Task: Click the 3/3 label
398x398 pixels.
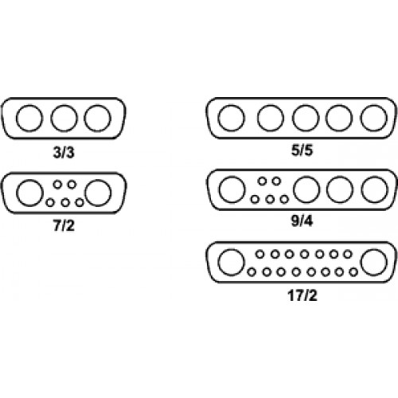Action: point(64,153)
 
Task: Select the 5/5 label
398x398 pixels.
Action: point(302,150)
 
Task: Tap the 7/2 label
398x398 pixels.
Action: point(64,226)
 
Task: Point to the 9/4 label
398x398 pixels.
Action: point(302,220)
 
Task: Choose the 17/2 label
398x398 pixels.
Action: point(302,295)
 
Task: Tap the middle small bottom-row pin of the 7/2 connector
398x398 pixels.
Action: point(65,199)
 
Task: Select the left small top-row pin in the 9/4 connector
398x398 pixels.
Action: point(262,178)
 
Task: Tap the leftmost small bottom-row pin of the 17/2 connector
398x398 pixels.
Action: point(252,268)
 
